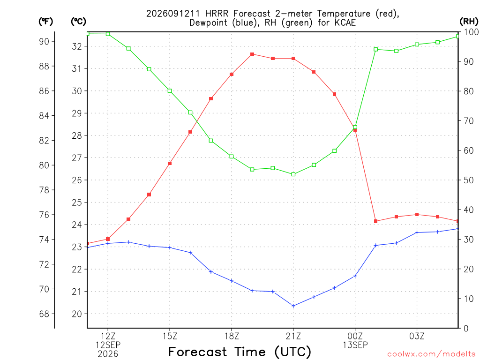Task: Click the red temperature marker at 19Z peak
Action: coord(252,54)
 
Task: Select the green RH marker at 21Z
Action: coord(293,174)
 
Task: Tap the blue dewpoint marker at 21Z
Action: coord(293,306)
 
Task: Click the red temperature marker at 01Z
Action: coord(375,221)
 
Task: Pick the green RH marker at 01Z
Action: coord(375,49)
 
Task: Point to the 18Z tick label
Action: coord(232,336)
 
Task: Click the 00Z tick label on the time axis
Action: coord(355,336)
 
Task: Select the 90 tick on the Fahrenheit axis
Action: coord(44,41)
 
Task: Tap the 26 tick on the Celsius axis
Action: coord(77,180)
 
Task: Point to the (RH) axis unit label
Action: coord(469,22)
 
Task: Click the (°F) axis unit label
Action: coord(45,22)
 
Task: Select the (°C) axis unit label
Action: coord(78,22)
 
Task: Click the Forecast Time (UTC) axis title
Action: coord(240,352)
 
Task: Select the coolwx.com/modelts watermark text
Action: coord(431,354)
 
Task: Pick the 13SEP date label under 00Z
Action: coord(355,345)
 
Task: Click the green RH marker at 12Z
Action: coord(108,34)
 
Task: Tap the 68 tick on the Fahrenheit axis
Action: coord(44,314)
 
